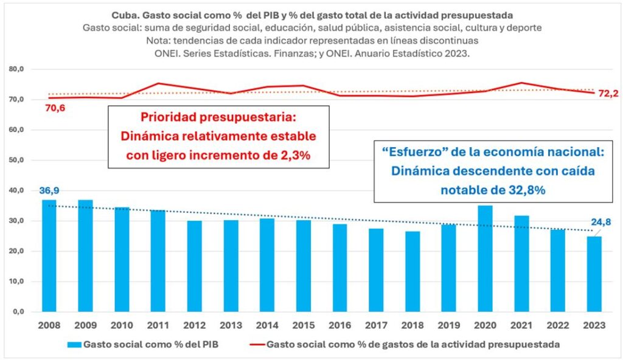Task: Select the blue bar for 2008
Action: tap(49, 256)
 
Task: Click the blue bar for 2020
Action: tap(485, 258)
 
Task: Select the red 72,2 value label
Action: tap(608, 94)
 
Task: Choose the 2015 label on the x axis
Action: tap(303, 326)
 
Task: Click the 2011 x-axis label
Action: tap(158, 326)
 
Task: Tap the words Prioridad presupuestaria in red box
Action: tap(218, 116)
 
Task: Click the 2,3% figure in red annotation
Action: tap(291, 155)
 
